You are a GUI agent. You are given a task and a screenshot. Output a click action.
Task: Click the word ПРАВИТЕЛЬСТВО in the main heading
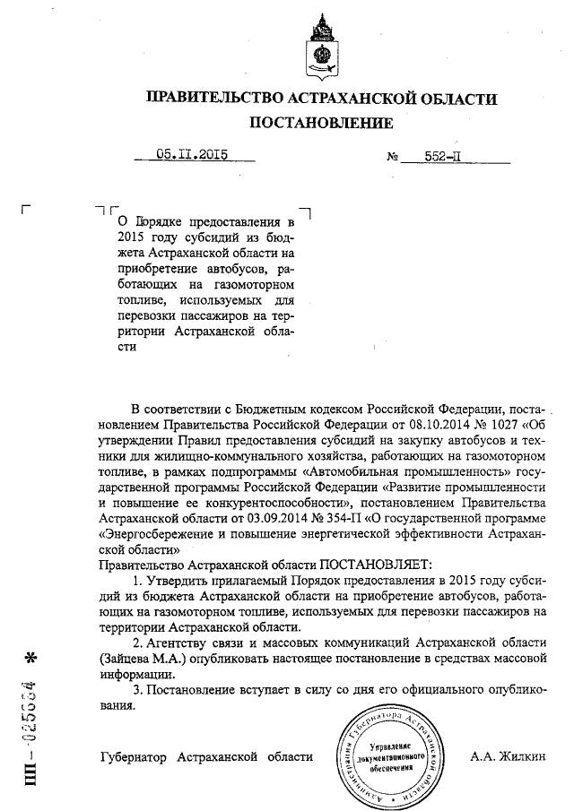[212, 98]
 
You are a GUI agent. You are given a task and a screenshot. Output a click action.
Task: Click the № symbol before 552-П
[392, 157]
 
